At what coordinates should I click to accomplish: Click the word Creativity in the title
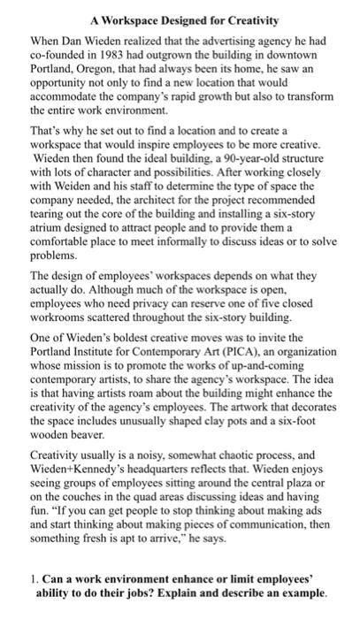(x=247, y=19)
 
